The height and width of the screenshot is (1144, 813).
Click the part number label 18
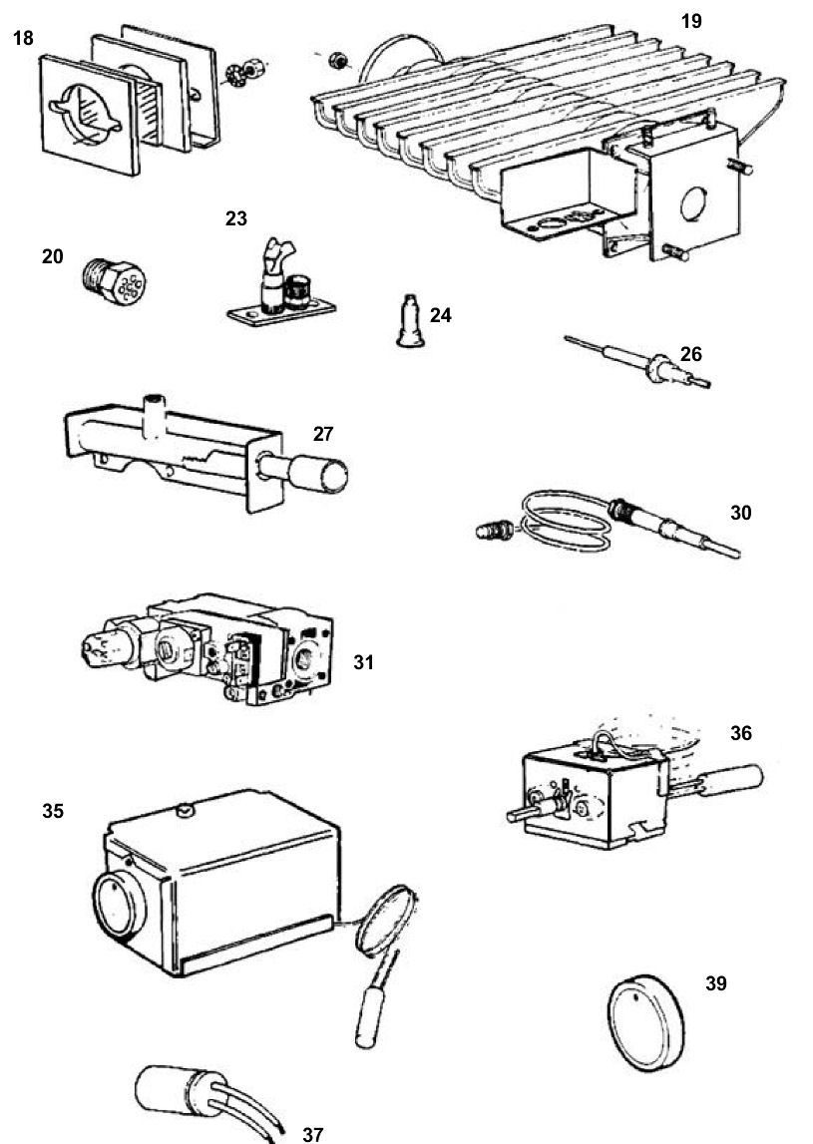click(x=22, y=39)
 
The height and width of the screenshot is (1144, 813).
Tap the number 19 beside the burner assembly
click(x=691, y=21)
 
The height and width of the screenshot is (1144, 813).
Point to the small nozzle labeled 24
click(x=409, y=320)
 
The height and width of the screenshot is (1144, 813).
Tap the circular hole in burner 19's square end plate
click(x=691, y=206)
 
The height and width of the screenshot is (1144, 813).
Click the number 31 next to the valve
click(x=363, y=661)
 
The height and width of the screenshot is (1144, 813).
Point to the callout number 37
click(x=312, y=1134)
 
